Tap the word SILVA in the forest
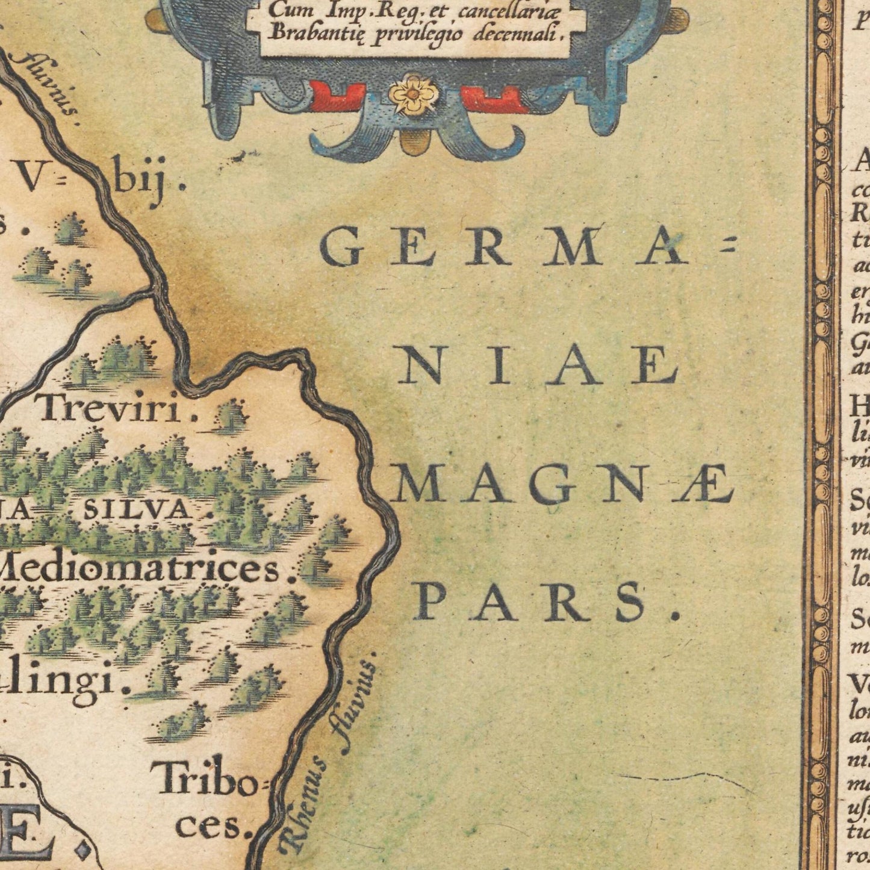click(x=136, y=511)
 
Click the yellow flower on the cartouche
click(x=413, y=93)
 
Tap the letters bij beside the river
click(x=141, y=184)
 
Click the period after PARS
click(x=675, y=615)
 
